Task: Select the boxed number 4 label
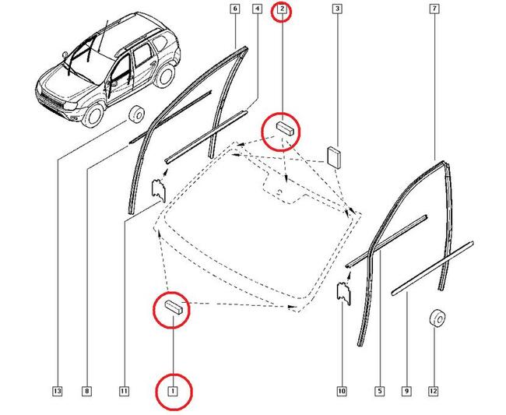pyautogui.click(x=257, y=9)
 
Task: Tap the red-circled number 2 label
pyautogui.click(x=281, y=10)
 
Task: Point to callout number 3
pyautogui.click(x=337, y=9)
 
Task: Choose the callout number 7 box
pyautogui.click(x=434, y=9)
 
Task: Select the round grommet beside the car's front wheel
pyautogui.click(x=135, y=114)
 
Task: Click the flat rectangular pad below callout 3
pyautogui.click(x=336, y=155)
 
